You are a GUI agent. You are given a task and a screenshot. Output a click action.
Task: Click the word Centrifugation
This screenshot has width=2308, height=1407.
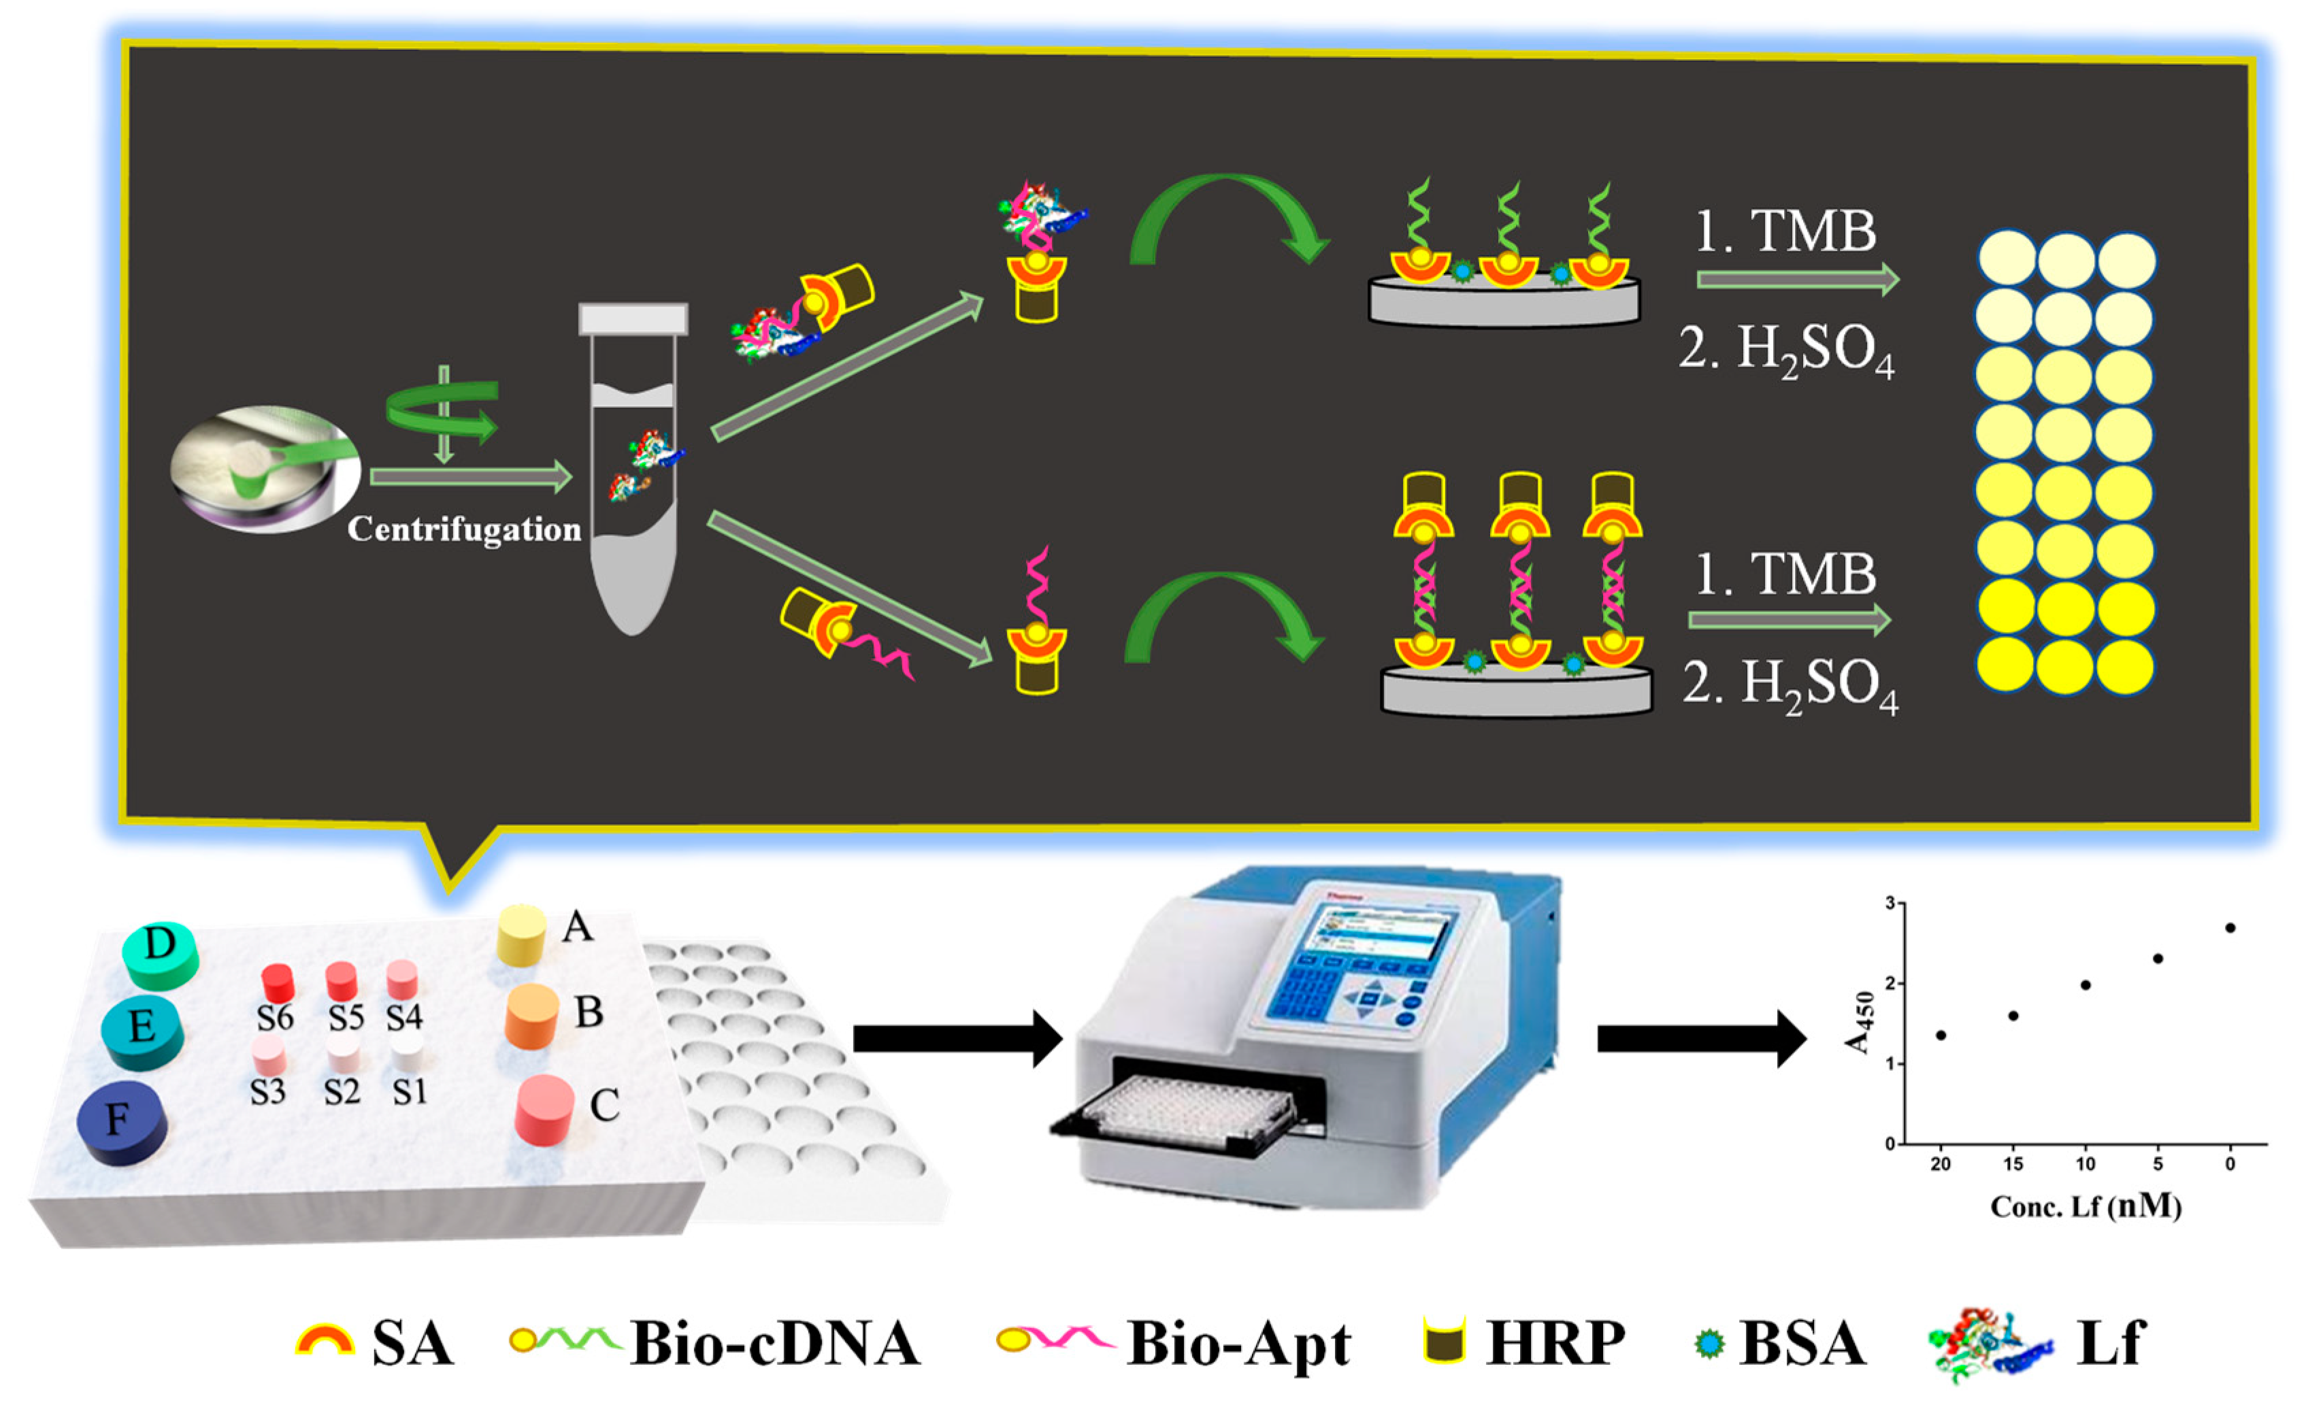click(x=465, y=530)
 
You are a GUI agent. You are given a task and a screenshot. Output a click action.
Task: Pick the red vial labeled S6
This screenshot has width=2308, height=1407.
click(x=277, y=984)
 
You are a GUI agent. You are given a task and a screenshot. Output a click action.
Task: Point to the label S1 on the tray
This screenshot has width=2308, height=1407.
click(x=410, y=1091)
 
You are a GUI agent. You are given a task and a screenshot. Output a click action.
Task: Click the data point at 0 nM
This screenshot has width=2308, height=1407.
click(x=2230, y=928)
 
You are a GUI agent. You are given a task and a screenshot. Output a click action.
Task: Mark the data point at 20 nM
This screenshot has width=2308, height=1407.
click(x=1941, y=1035)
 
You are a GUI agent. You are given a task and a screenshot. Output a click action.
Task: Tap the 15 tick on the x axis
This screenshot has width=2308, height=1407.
click(x=2013, y=1164)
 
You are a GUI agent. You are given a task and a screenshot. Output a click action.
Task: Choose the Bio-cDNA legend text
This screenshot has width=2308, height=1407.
click(x=776, y=1343)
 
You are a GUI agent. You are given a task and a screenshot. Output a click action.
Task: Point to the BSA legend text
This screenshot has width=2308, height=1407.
click(x=1802, y=1343)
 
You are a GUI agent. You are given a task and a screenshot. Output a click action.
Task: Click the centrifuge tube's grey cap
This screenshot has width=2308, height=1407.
click(x=633, y=318)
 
